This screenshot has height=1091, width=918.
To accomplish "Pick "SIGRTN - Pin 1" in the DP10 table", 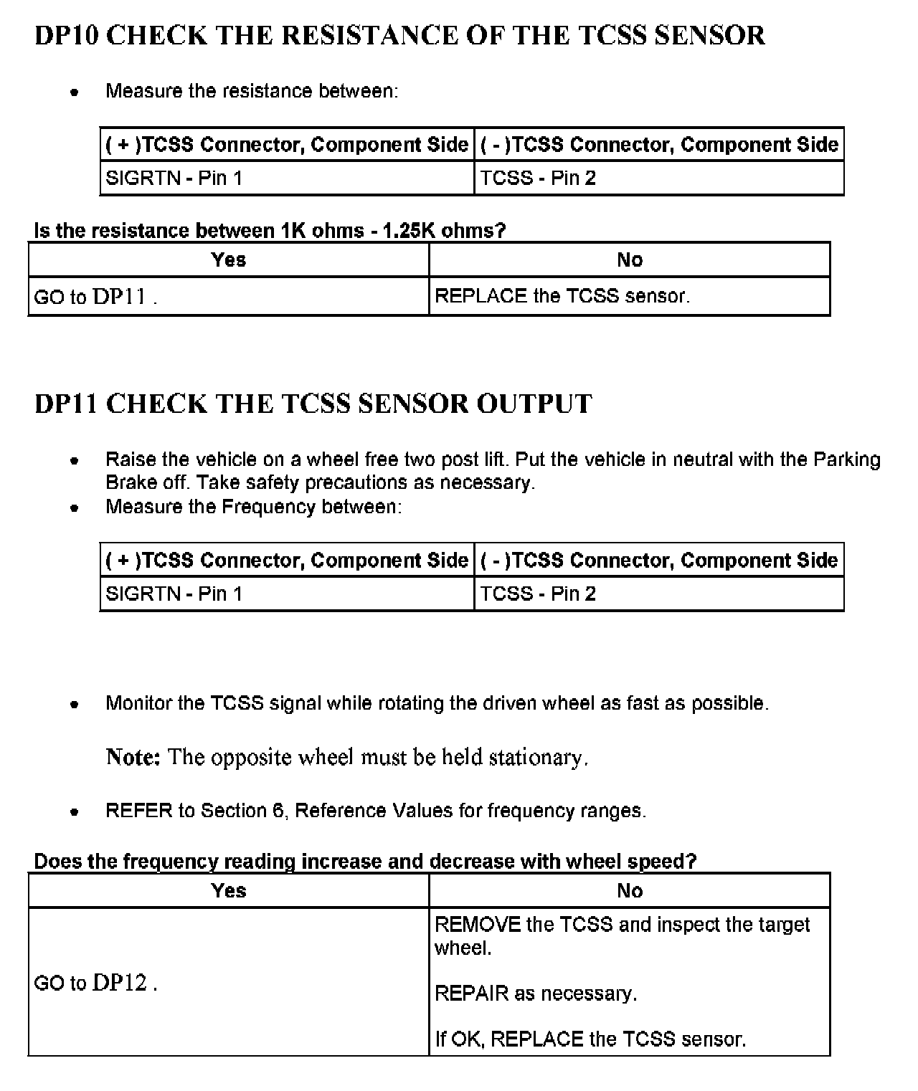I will [174, 178].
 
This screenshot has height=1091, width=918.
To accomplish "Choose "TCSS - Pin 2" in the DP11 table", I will [538, 594].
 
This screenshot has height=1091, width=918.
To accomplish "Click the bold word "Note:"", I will [133, 757].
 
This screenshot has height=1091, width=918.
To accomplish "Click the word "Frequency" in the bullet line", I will [268, 507].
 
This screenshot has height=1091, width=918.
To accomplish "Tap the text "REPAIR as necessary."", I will [536, 994].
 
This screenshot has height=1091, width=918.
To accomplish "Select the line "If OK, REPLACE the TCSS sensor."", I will [590, 1039].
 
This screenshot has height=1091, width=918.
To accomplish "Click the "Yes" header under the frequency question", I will [229, 890].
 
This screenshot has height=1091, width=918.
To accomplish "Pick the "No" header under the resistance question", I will [630, 259].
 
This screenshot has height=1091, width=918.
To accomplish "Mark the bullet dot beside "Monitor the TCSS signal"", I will [74, 704].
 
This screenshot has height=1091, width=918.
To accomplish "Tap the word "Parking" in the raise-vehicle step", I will [846, 459].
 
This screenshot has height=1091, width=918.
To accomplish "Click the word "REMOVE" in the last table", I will [478, 925].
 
